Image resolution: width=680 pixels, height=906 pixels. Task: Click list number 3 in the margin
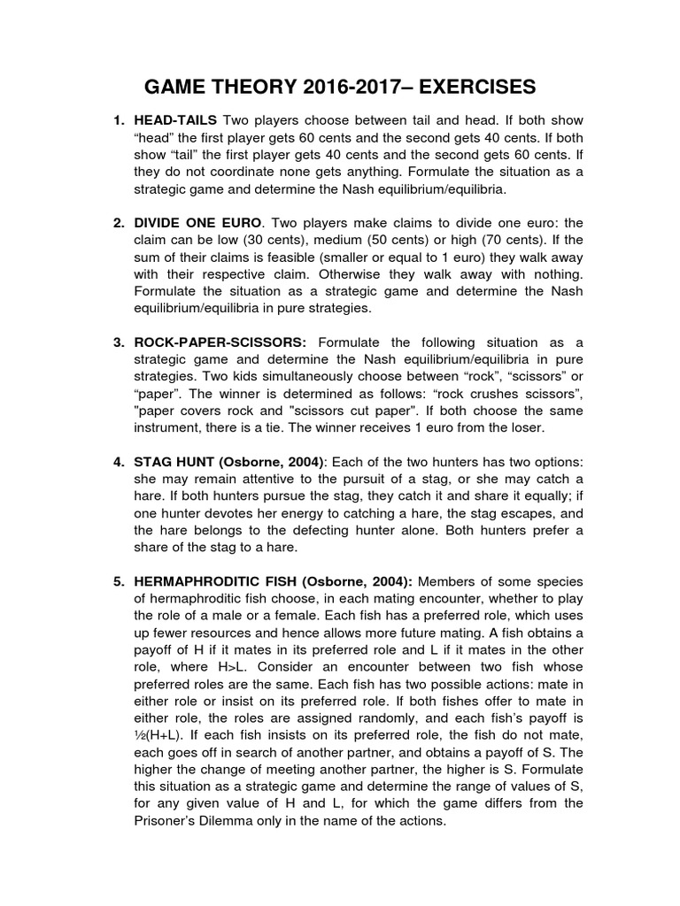coord(118,342)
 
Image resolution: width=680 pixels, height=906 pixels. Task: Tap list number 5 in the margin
coord(118,580)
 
